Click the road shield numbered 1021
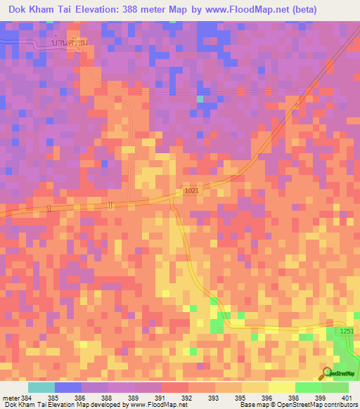coord(192,190)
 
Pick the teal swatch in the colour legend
coord(41,387)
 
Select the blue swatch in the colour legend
coord(68,387)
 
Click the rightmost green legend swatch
coord(335,387)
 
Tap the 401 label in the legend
coord(345,398)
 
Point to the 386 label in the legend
coord(79,398)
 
